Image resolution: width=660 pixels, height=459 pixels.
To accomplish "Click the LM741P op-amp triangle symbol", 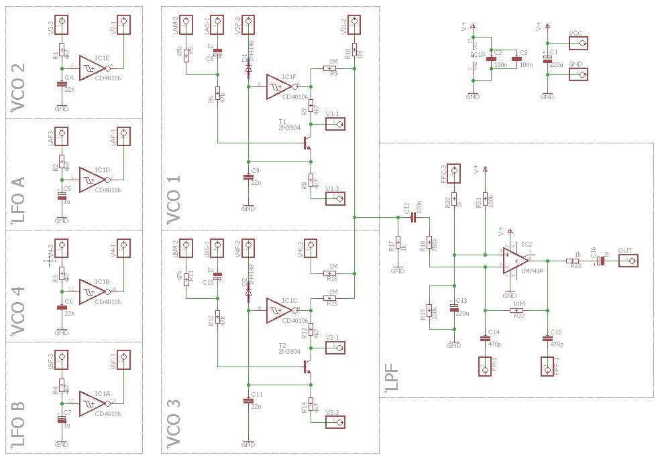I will tap(514, 260).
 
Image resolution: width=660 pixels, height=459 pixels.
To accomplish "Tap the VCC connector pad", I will tap(577, 43).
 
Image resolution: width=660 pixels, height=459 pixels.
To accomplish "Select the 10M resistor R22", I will tap(516, 310).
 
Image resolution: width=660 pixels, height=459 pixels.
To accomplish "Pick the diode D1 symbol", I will tap(248, 68).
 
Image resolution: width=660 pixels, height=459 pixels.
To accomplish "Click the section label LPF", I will tap(392, 379).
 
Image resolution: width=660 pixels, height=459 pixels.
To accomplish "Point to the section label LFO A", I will tap(17, 198).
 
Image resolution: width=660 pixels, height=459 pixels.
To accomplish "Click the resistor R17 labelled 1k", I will tap(397, 243).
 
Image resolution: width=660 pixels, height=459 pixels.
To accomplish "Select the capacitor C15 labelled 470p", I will tap(547, 339).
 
